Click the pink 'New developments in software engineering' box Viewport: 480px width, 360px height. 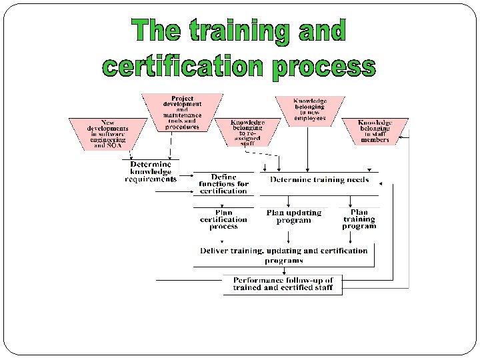click(108, 133)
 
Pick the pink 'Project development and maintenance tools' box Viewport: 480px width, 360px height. click(182, 112)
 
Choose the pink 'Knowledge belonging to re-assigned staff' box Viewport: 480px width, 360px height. click(247, 133)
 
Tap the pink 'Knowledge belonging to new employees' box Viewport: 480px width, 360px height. click(309, 109)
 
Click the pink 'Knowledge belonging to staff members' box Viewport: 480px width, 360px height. click(375, 131)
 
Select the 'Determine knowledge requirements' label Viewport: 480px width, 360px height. click(150, 171)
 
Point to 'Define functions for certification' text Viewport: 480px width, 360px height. click(223, 184)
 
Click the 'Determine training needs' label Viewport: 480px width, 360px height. click(319, 179)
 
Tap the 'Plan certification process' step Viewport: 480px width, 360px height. click(223, 219)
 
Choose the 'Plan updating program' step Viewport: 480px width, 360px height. click(293, 217)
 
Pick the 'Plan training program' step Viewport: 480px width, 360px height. click(359, 219)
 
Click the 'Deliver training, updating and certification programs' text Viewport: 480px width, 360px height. click(284, 255)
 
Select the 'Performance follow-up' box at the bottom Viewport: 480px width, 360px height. click(283, 284)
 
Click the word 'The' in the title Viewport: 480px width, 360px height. click(155, 32)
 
